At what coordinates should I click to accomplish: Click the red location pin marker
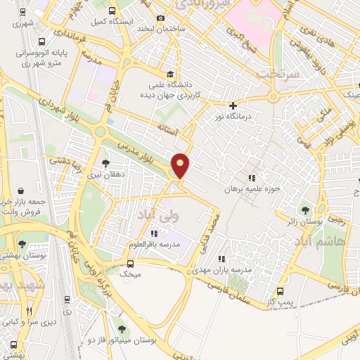pos(181,166)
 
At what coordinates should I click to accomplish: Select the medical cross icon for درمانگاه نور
pos(233,106)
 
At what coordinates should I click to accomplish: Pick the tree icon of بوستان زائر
pos(304,210)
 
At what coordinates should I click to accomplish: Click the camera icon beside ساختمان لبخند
pos(160,18)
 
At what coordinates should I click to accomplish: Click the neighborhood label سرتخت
pos(273,74)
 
